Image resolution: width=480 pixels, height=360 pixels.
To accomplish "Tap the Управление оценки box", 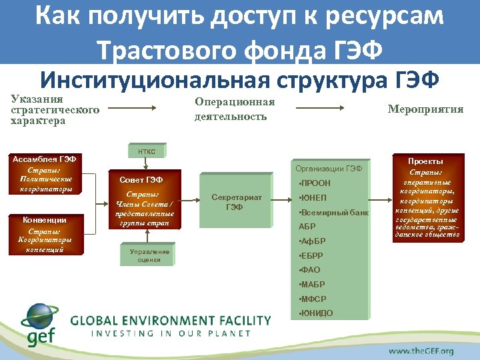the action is coord(149,256).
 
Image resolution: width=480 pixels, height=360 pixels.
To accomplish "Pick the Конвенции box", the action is coord(44,234).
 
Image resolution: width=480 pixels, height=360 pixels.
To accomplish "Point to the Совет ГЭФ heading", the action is coord(141,180).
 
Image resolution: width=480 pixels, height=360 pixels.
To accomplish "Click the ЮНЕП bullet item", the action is coord(313,197).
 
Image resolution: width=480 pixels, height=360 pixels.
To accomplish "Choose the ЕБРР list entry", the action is coord(312,255).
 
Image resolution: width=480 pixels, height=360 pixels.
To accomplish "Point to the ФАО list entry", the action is coord(311,270).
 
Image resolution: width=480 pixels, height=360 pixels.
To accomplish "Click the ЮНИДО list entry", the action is coord(317,313).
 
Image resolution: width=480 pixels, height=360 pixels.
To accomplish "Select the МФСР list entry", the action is coord(313,299).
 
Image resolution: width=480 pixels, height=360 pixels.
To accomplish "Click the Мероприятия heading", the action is coord(425,109).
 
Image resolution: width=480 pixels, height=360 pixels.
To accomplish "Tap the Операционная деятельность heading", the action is coord(235,109).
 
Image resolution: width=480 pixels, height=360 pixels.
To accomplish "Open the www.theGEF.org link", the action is coord(421,351).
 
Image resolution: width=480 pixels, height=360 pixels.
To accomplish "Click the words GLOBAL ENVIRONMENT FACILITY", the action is coord(171,320).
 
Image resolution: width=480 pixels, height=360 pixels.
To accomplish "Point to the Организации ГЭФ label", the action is coord(329,169).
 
